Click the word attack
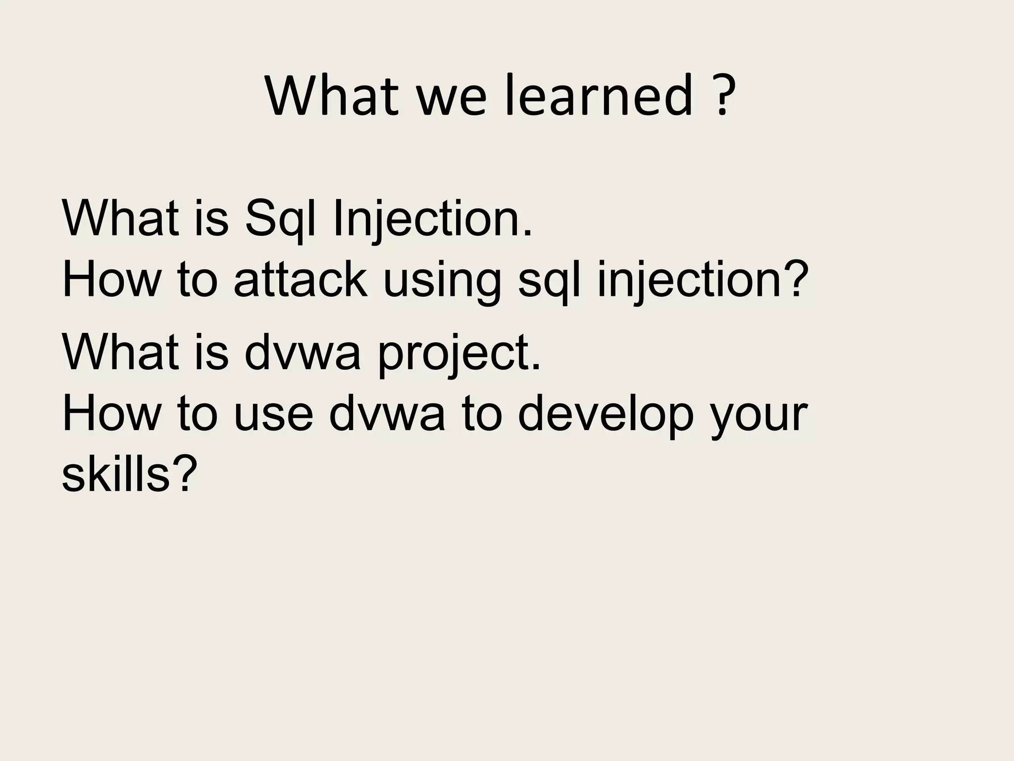pyautogui.click(x=301, y=280)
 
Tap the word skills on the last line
pyautogui.click(x=126, y=474)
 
